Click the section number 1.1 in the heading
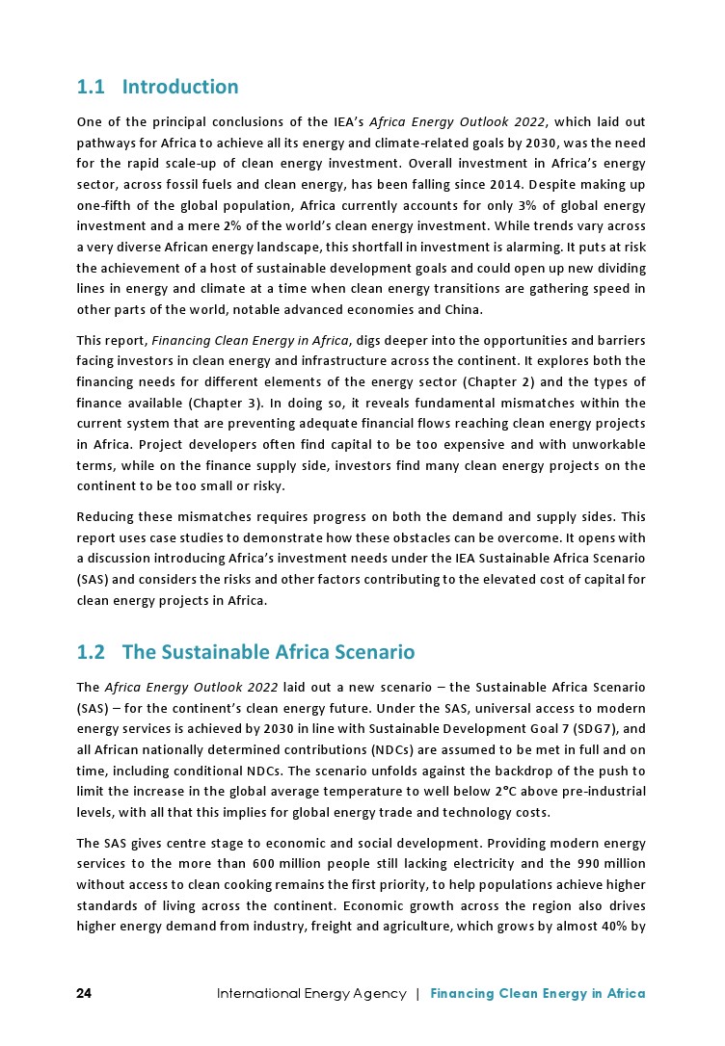(91, 88)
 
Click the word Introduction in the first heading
(180, 88)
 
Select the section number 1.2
(91, 653)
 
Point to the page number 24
(85, 993)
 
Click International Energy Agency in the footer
(311, 993)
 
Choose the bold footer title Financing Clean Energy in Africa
(538, 993)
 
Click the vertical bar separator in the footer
(417, 993)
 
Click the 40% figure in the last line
(616, 927)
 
